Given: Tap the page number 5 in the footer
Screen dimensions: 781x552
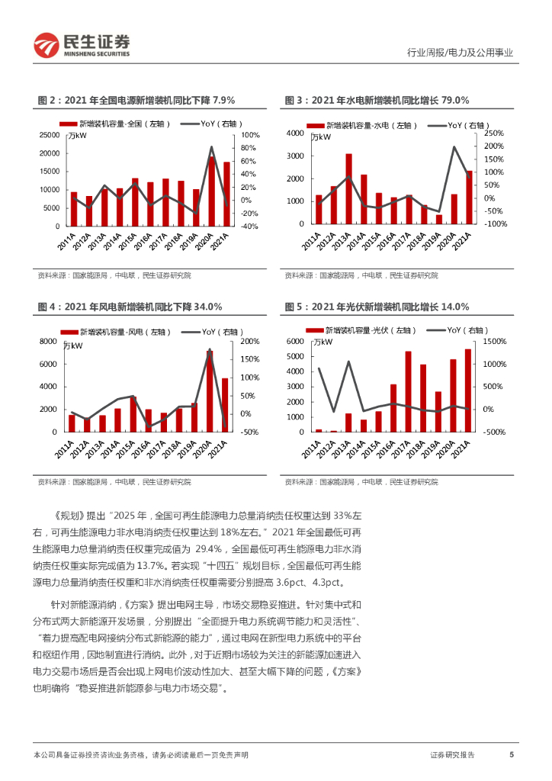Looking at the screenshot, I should (x=511, y=754).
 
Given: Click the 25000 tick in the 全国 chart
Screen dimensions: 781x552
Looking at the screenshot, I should (x=50, y=134).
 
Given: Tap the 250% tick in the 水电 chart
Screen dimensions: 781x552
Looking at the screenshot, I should (x=493, y=133).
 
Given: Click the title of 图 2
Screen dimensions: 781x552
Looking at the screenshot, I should (x=136, y=100).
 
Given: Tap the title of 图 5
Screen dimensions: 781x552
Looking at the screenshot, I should (x=377, y=307).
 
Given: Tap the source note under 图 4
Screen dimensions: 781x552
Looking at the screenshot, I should (x=114, y=481).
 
